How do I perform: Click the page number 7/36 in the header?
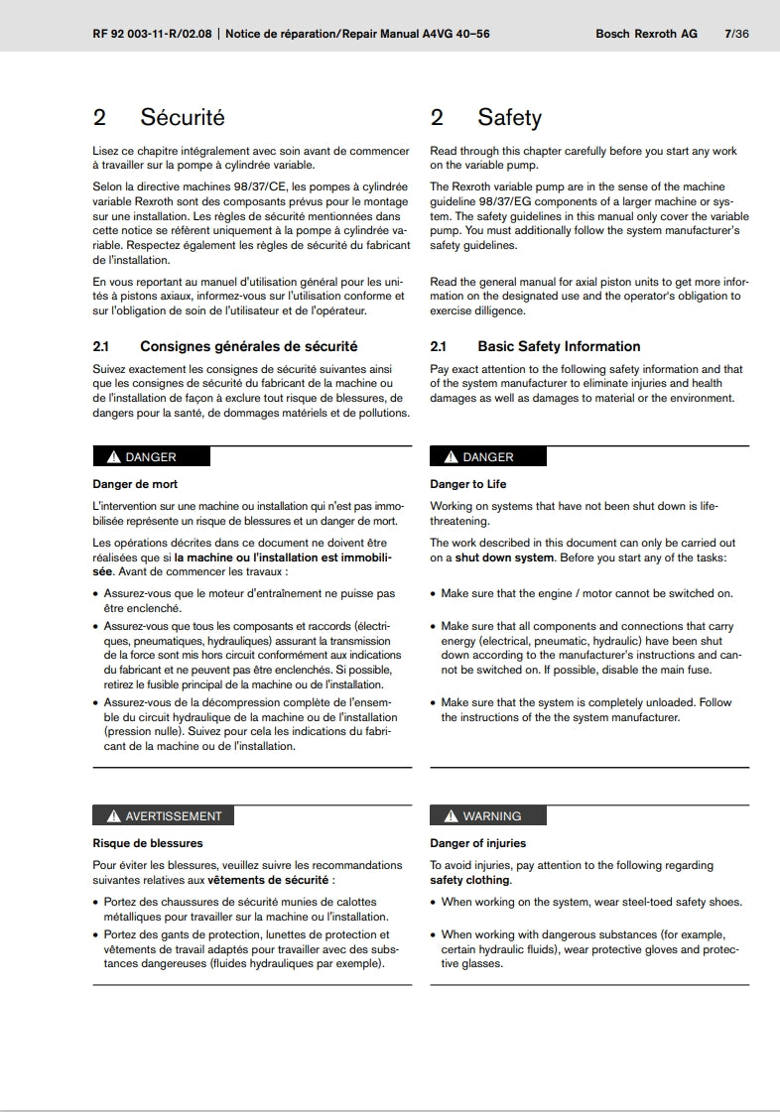tap(736, 34)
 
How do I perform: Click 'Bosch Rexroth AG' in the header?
tap(646, 34)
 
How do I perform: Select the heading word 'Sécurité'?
tap(183, 118)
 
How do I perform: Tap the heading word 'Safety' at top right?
tap(509, 118)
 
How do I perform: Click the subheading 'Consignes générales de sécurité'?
tap(249, 346)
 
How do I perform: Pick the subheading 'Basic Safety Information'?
tap(559, 346)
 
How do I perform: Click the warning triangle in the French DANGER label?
tap(113, 457)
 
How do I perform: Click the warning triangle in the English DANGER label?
tap(451, 457)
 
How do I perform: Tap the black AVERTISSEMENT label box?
tap(163, 816)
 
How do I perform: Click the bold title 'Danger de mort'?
tap(135, 484)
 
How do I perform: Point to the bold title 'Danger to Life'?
tap(467, 484)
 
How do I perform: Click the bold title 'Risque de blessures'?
tap(148, 843)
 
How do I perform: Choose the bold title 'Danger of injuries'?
tap(478, 843)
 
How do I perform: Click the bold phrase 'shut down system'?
tap(506, 557)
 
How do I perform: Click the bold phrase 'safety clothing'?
tap(469, 880)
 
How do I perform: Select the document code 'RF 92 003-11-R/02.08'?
tap(154, 34)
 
